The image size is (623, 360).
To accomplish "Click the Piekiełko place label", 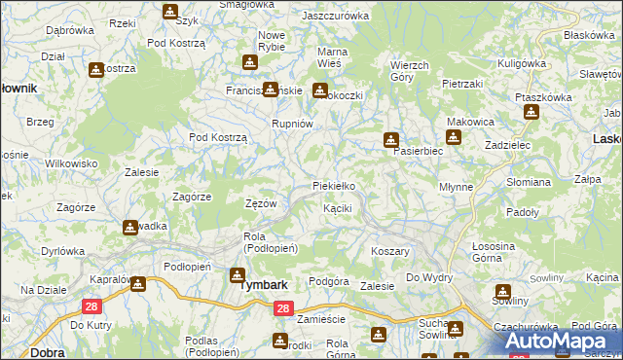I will pos(333,185).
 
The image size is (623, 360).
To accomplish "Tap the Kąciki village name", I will pos(337,208).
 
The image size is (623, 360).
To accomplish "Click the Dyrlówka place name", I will pos(63,251).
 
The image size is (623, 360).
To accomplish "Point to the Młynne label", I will pos(456,187).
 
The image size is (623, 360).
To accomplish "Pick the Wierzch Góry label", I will pos(409,71).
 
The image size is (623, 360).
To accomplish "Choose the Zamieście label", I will pos(322,319).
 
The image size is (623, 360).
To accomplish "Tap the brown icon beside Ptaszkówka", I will pos(531,112).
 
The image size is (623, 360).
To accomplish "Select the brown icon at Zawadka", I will pos(130,228).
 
